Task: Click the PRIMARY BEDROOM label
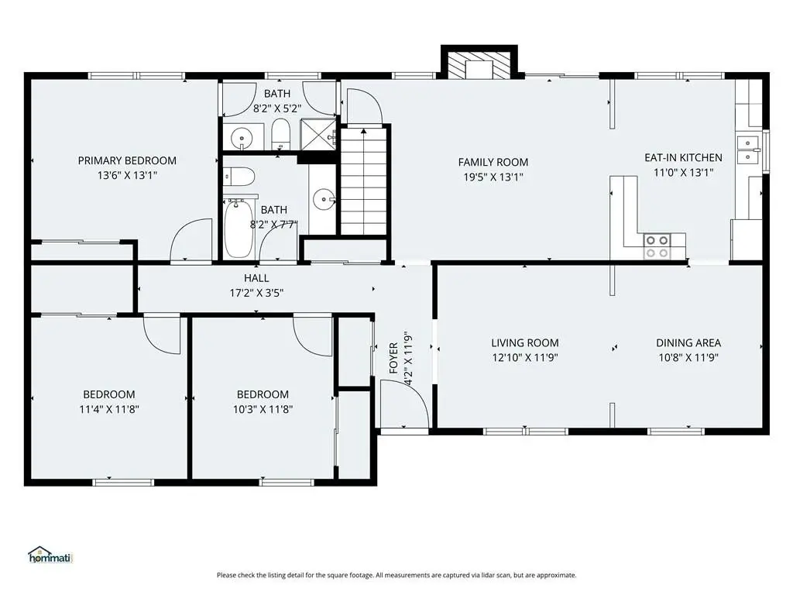pyautogui.click(x=127, y=160)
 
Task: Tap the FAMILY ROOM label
pyautogui.click(x=493, y=162)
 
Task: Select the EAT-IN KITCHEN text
pyautogui.click(x=683, y=157)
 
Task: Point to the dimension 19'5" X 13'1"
pyautogui.click(x=493, y=177)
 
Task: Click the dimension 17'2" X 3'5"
pyautogui.click(x=256, y=292)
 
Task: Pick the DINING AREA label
pyautogui.click(x=688, y=342)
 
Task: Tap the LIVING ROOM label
pyautogui.click(x=525, y=342)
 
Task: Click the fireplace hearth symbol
pyautogui.click(x=479, y=65)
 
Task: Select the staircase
pyautogui.click(x=364, y=181)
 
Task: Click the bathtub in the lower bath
pyautogui.click(x=239, y=229)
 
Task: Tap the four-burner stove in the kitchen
pyautogui.click(x=657, y=246)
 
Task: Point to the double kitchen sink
pyautogui.click(x=747, y=150)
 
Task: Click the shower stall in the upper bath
pyautogui.click(x=318, y=135)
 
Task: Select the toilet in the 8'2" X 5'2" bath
pyautogui.click(x=280, y=135)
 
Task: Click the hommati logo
pyautogui.click(x=50, y=555)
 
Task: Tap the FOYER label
pyautogui.click(x=393, y=358)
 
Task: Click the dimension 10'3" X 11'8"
pyautogui.click(x=263, y=409)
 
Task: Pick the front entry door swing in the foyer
pyautogui.click(x=404, y=404)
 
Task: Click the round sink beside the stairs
pyautogui.click(x=323, y=199)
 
